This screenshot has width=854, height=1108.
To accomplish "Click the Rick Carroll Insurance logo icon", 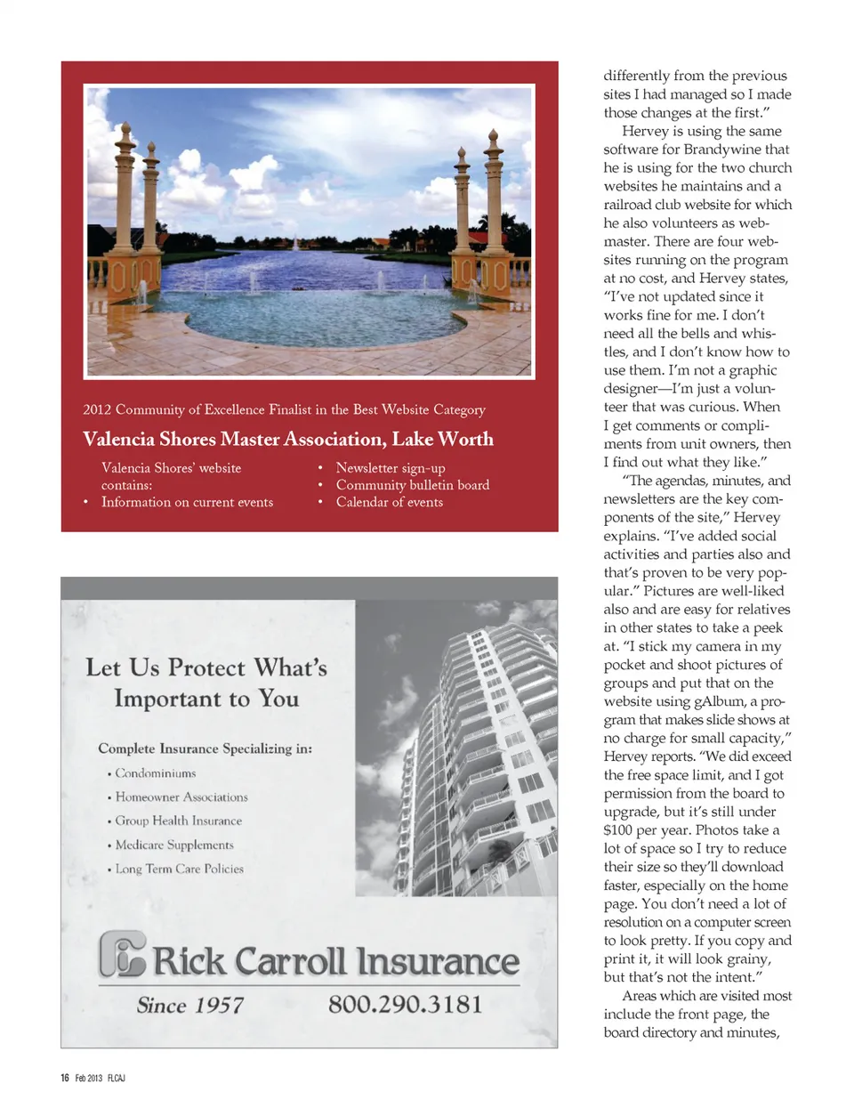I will coord(123,955).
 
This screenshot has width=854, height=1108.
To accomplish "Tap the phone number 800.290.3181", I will coord(405,1005).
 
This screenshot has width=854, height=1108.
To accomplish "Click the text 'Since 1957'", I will coord(190,1006).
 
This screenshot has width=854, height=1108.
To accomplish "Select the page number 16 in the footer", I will coord(65,1078).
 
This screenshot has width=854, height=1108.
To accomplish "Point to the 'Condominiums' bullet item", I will coord(155,773).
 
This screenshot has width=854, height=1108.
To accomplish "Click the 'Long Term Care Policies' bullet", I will coord(179,869).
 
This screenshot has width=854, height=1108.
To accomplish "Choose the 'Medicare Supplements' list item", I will coord(174,845).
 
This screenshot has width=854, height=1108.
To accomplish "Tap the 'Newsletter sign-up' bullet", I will coord(390,468).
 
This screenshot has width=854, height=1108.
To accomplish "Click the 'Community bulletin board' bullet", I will coord(412,485).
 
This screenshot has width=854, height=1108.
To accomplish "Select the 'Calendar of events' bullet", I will coord(389,502).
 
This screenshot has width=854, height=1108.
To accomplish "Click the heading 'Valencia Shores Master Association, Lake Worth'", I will coord(287,439).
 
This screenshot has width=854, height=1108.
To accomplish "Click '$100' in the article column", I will coord(618,830).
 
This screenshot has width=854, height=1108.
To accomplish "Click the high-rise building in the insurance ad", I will coord(480,756).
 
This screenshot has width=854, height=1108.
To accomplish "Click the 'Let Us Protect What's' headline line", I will coord(206,667).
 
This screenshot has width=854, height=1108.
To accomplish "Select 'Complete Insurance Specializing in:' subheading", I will coord(205,748).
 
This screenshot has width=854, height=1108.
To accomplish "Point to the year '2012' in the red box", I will coord(97,409).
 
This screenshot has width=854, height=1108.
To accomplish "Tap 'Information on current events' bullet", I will coord(187,502).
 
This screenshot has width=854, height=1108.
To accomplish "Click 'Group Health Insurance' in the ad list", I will coord(178,821).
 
